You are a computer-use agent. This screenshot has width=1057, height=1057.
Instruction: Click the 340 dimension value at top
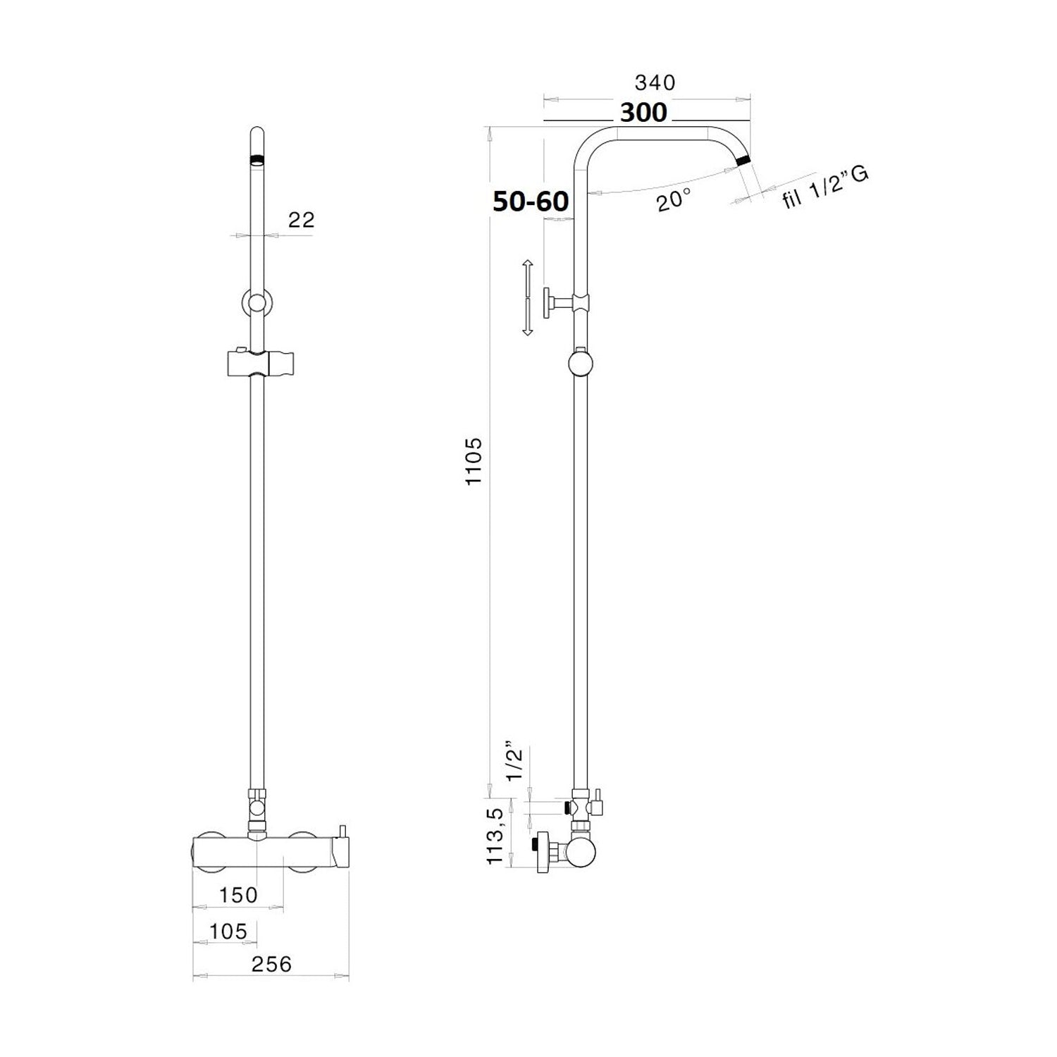click(655, 82)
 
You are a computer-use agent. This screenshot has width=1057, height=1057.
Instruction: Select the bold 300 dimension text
click(643, 112)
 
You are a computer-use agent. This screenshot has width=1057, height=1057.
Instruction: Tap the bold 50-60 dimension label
click(531, 202)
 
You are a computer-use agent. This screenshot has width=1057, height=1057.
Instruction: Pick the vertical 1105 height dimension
click(474, 460)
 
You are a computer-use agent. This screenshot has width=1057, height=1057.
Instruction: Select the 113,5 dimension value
click(495, 837)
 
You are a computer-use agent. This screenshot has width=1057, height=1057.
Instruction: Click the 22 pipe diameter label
click(302, 219)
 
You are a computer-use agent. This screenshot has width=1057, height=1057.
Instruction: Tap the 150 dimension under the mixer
click(238, 895)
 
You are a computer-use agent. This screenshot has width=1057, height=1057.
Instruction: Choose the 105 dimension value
click(228, 932)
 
